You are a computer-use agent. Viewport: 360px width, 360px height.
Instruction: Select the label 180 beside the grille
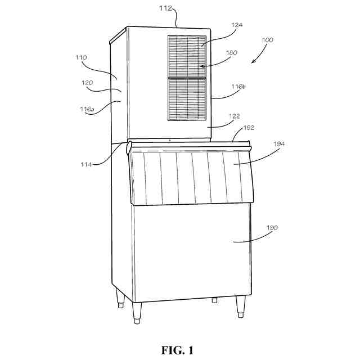[x=232, y=52]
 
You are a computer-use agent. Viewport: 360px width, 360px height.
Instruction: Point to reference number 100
[x=268, y=40]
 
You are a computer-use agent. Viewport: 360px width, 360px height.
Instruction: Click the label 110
[x=82, y=57]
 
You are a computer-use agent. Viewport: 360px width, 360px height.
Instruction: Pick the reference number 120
[x=87, y=83]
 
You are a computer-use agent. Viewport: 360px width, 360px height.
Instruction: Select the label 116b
[x=238, y=87]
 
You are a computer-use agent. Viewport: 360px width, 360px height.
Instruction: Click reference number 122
[x=235, y=116]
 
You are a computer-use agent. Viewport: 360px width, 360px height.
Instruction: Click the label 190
[x=272, y=227]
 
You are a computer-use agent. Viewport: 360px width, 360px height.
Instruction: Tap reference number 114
[x=85, y=164]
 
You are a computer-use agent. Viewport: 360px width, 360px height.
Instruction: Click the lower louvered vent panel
[x=187, y=99]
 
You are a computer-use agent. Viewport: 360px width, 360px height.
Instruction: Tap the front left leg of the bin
[x=137, y=313]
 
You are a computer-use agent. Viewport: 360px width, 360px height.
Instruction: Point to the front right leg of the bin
[x=241, y=307]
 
